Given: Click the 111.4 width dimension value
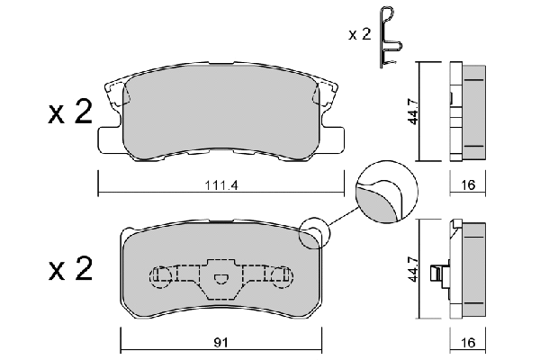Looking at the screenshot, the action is point(221,185).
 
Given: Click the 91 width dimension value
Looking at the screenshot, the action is point(220,343).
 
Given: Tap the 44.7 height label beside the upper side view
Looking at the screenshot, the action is point(413,112).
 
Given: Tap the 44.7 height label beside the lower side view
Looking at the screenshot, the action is point(413,269).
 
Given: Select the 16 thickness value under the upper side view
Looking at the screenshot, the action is point(468,185).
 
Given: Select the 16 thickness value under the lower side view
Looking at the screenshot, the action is point(468,343).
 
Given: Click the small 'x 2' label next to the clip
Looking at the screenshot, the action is point(359,34).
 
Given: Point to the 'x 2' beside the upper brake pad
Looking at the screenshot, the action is point(70,112).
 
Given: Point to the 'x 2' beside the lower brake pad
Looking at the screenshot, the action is point(70,269).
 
